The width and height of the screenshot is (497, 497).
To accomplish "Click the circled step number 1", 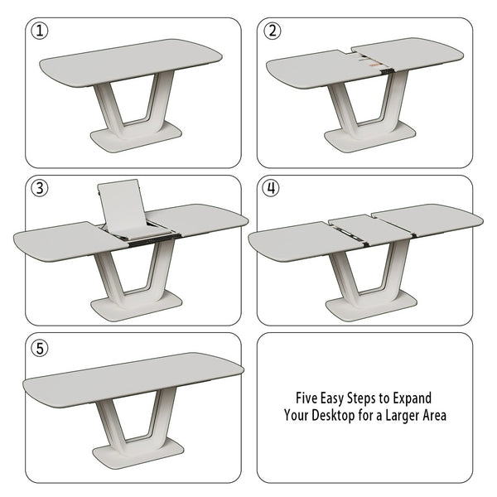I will (39, 31).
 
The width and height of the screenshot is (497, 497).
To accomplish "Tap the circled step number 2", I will (272, 31).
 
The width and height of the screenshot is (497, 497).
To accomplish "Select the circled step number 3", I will (39, 188).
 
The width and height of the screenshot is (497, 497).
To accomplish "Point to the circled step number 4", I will (272, 188).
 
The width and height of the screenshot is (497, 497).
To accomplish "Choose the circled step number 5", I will (39, 346).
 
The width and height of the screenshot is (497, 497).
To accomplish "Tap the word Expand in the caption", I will (410, 398).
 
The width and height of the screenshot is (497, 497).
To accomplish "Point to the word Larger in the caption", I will (403, 415).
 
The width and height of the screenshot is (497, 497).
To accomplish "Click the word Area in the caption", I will (435, 415).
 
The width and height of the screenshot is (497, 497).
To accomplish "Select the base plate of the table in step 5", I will (138, 452).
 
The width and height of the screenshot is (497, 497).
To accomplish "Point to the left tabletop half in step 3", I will (62, 240).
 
